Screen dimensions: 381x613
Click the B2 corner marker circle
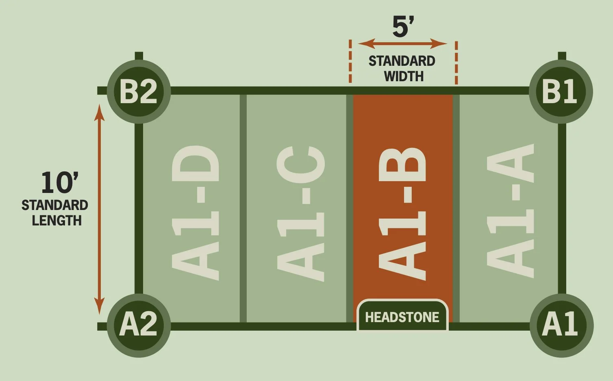138,91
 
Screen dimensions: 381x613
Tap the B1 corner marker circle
561,92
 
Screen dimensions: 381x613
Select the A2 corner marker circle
139,325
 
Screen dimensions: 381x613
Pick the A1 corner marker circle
561,325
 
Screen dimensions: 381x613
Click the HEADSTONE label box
402,317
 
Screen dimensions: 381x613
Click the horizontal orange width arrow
402,43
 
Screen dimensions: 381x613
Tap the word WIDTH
404,76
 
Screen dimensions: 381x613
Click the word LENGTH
57,221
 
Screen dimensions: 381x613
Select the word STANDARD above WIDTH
402,61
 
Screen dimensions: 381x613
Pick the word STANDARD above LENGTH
55,206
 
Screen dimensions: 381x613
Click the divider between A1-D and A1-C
243,207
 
